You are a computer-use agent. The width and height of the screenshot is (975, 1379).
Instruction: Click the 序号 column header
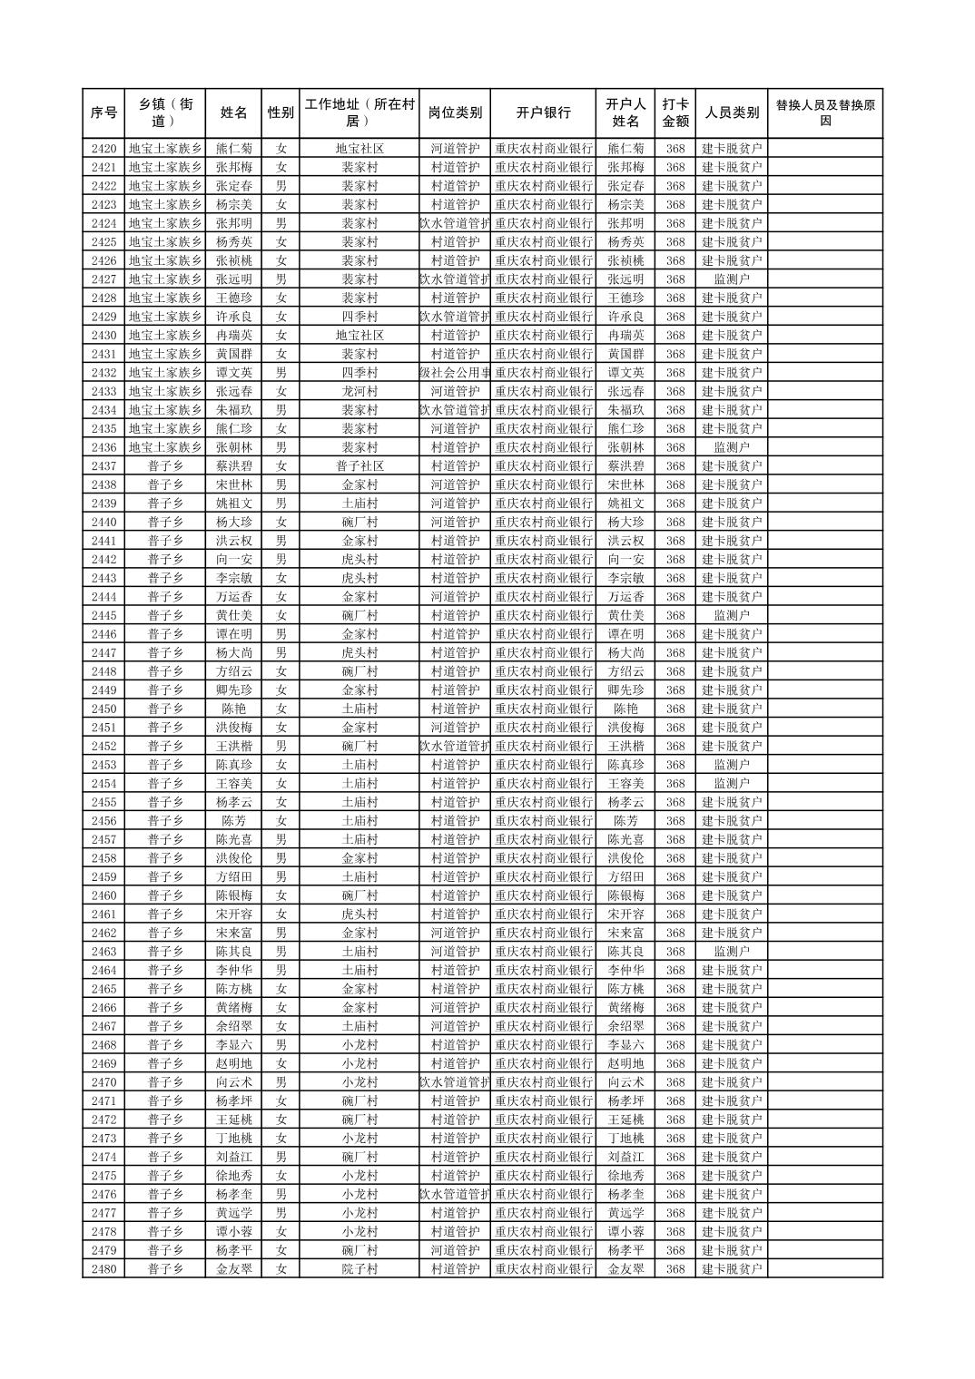pos(103,113)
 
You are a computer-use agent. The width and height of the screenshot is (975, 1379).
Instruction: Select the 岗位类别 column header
pos(455,113)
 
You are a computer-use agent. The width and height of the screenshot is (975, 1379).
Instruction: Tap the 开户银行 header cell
pos(543,113)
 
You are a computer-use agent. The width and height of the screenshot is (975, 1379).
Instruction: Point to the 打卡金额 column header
pos(675,113)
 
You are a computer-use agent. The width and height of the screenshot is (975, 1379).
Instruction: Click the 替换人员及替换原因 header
pos(824,113)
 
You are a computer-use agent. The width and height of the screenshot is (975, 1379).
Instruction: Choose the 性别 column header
pos(281,113)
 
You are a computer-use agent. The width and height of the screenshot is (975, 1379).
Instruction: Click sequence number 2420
pos(103,149)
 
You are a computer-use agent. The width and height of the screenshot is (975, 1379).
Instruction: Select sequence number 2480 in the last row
pos(103,1269)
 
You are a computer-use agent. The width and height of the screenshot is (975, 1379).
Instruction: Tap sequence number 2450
pos(103,709)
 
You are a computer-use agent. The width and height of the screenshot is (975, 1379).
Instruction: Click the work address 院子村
pos(359,1269)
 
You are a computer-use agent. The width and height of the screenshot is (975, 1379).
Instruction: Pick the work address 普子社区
pos(359,466)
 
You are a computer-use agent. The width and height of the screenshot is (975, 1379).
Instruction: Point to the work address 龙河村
pos(359,391)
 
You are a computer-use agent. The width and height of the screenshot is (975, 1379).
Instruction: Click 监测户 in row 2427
pos(732,279)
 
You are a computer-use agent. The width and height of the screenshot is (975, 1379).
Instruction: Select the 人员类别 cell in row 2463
pos(732,952)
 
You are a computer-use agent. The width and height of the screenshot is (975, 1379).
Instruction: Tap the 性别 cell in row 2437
pos(281,466)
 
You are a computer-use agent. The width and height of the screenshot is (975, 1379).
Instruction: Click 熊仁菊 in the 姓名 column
pos(234,149)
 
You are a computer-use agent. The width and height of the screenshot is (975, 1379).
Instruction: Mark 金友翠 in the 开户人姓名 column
pos(625,1269)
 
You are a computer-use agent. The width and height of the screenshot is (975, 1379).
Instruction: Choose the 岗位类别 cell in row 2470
pos(455,1082)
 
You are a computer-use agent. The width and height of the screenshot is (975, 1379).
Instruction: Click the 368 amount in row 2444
pos(675,597)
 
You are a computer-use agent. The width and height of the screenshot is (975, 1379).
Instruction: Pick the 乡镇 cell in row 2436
pos(164,447)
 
